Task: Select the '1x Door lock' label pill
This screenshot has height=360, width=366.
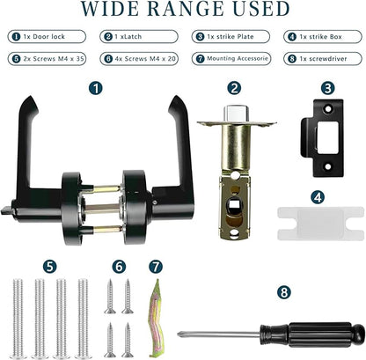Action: click(x=47, y=37)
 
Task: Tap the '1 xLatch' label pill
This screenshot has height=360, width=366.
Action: click(x=139, y=37)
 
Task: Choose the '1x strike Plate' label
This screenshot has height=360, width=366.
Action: click(x=231, y=37)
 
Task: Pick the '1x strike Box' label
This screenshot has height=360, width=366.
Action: click(x=323, y=37)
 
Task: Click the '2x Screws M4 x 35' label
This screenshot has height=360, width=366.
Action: click(x=47, y=59)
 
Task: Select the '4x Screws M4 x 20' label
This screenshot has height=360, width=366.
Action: click(x=139, y=59)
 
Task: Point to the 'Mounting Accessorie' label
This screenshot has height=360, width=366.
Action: click(x=231, y=59)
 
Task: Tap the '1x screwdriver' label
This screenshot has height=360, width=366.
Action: click(x=323, y=59)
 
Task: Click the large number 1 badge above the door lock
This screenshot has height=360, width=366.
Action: click(x=96, y=88)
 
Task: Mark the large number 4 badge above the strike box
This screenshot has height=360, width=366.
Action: click(x=318, y=198)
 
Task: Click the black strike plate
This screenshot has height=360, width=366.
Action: click(x=323, y=138)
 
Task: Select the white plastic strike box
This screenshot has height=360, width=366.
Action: click(x=320, y=224)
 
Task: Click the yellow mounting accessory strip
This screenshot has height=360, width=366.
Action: click(x=155, y=319)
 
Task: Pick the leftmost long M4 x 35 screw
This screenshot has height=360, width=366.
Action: click(x=18, y=319)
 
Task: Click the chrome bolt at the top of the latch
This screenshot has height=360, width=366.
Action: click(x=237, y=114)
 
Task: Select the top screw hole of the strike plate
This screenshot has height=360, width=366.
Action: click(x=328, y=109)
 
